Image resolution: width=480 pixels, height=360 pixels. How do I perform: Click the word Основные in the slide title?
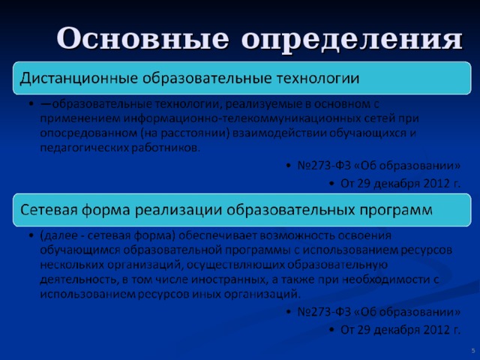point(142,38)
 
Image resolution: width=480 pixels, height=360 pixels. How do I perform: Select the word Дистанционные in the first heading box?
point(79,78)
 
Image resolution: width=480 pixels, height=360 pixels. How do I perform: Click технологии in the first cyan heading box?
point(318,79)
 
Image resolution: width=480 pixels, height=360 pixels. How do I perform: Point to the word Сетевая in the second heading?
point(49,210)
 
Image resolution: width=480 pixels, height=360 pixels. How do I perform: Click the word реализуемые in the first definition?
point(263,105)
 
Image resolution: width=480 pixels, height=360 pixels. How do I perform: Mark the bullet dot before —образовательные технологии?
point(31,103)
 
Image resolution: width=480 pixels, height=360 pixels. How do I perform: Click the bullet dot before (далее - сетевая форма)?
point(31,235)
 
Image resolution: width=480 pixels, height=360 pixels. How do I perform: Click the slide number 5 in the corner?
point(473,351)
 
